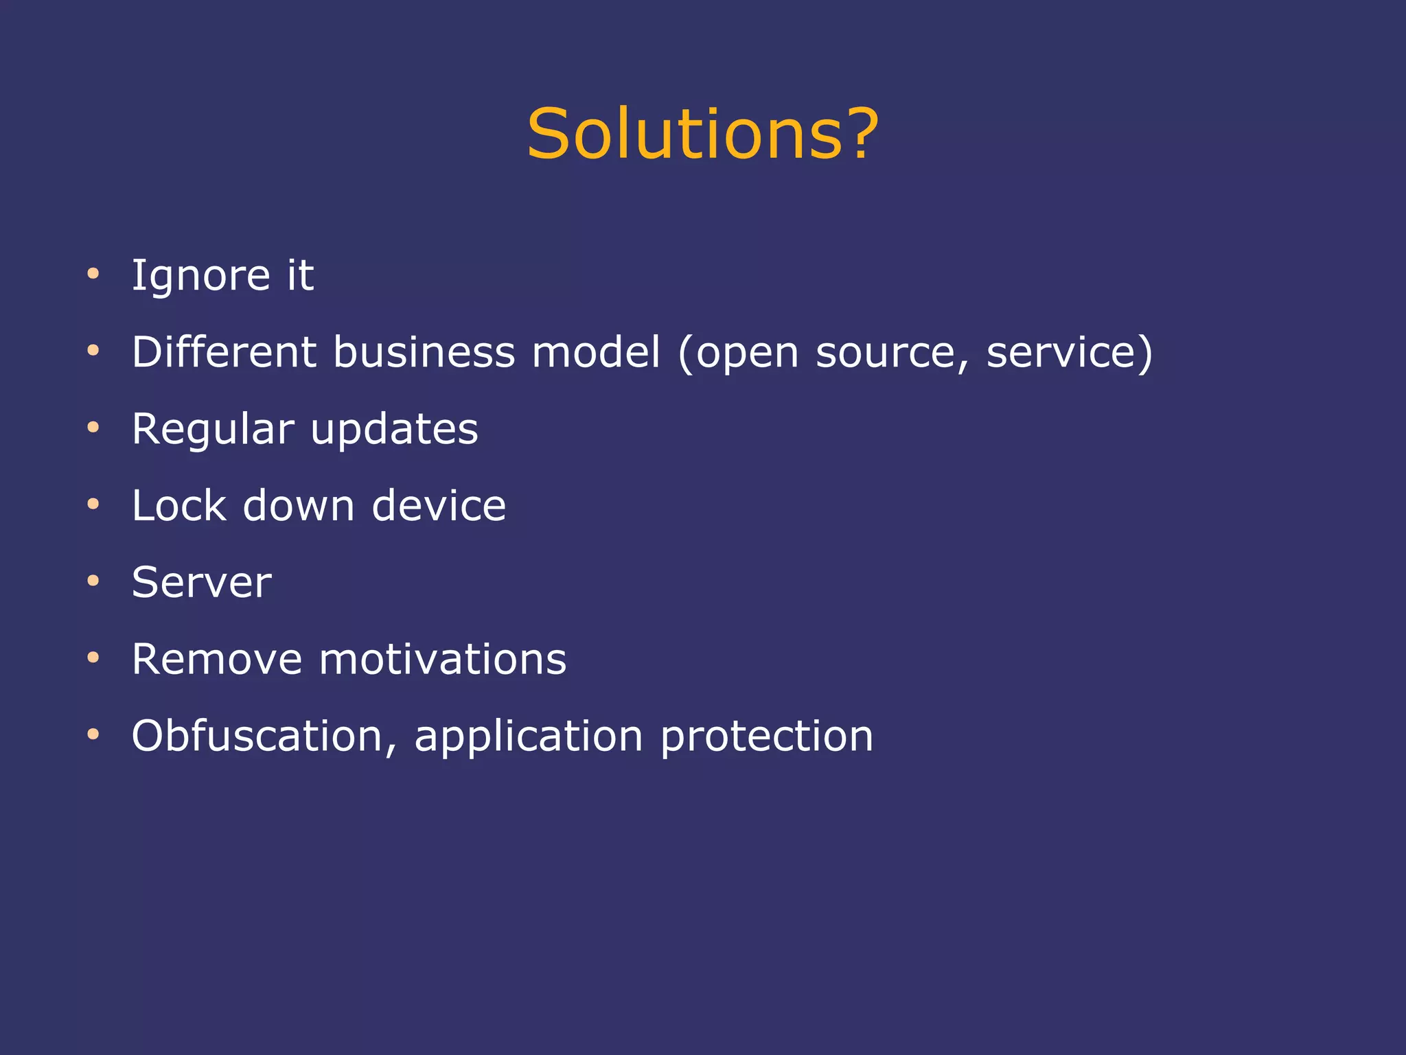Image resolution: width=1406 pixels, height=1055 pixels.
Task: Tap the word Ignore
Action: [x=200, y=276]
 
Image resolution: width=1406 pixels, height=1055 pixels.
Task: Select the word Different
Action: [x=224, y=352]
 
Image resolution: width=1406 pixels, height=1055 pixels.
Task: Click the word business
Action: [x=424, y=352]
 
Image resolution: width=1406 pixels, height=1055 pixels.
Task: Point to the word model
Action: [x=596, y=352]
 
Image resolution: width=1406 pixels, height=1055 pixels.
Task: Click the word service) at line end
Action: [x=1069, y=352]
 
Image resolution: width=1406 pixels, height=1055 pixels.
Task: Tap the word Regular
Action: [x=213, y=430]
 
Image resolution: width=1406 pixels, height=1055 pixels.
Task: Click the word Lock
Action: [x=178, y=506]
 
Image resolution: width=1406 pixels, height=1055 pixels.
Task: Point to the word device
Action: [x=439, y=506]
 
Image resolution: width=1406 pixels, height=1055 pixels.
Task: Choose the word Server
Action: [x=202, y=583]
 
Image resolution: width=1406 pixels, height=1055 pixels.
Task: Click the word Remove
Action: [x=217, y=660]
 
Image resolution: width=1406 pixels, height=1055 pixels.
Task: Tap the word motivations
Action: [x=443, y=660]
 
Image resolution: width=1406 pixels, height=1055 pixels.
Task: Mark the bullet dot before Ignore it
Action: [x=93, y=275]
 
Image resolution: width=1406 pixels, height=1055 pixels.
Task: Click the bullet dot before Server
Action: [x=93, y=581]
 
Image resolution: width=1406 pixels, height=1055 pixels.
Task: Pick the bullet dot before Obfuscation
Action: [x=93, y=735]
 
